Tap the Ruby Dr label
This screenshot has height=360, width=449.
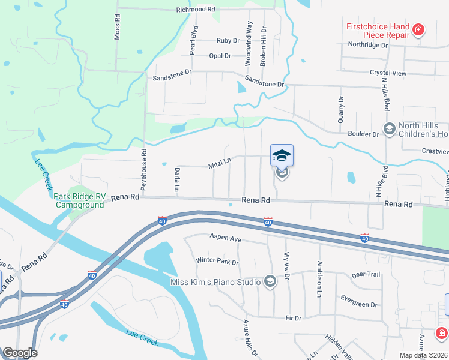pyautogui.click(x=228, y=41)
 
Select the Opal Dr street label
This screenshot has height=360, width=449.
pyautogui.click(x=220, y=56)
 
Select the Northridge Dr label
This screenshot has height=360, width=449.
pyautogui.click(x=368, y=44)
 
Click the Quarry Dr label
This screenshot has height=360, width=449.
pyautogui.click(x=340, y=110)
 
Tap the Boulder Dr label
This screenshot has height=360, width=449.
pyautogui.click(x=363, y=134)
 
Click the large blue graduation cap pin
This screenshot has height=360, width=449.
pyautogui.click(x=282, y=155)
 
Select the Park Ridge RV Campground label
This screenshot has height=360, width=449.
pyautogui.click(x=79, y=200)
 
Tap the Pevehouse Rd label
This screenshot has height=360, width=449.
pyautogui.click(x=144, y=170)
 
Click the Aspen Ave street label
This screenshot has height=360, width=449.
pyautogui.click(x=225, y=239)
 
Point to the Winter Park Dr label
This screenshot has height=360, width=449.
pyautogui.click(x=217, y=262)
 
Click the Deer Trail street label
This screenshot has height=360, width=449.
pyautogui.click(x=366, y=275)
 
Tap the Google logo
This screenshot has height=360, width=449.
pyautogui.click(x=19, y=353)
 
